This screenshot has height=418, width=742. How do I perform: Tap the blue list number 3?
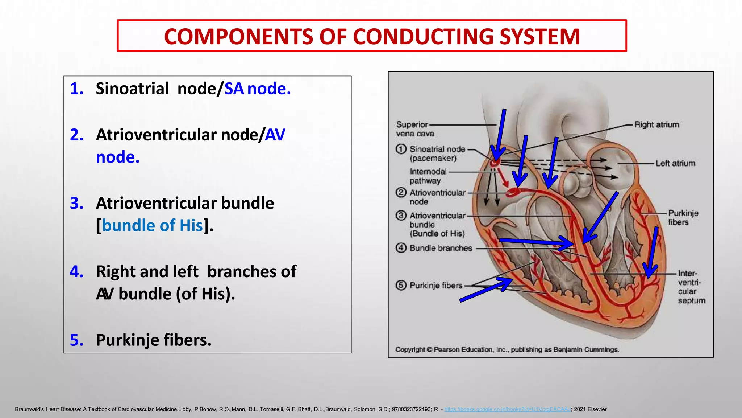76,203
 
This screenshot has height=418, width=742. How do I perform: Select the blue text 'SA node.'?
257,89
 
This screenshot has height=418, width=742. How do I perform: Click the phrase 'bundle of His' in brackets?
152,225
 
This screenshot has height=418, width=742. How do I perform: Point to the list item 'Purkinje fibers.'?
154,340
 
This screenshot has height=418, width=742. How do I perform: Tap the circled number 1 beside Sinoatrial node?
401,149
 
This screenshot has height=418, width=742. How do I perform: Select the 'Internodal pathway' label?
428,176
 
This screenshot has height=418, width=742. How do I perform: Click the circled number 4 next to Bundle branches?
401,248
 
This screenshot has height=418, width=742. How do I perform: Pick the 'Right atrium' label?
656,124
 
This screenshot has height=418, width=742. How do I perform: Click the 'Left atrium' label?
675,163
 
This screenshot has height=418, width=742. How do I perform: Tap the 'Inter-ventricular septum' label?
691,287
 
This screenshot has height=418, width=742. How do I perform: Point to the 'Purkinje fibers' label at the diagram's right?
683,217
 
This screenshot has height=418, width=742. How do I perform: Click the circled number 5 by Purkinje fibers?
401,285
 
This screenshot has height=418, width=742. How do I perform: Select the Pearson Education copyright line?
507,349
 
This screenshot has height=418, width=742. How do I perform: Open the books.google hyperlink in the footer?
507,409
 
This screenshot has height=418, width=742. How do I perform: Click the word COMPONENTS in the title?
238,37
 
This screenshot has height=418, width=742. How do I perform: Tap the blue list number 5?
76,340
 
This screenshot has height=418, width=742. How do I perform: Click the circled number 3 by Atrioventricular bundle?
401,216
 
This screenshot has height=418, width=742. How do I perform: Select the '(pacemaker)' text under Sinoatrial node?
433,158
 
